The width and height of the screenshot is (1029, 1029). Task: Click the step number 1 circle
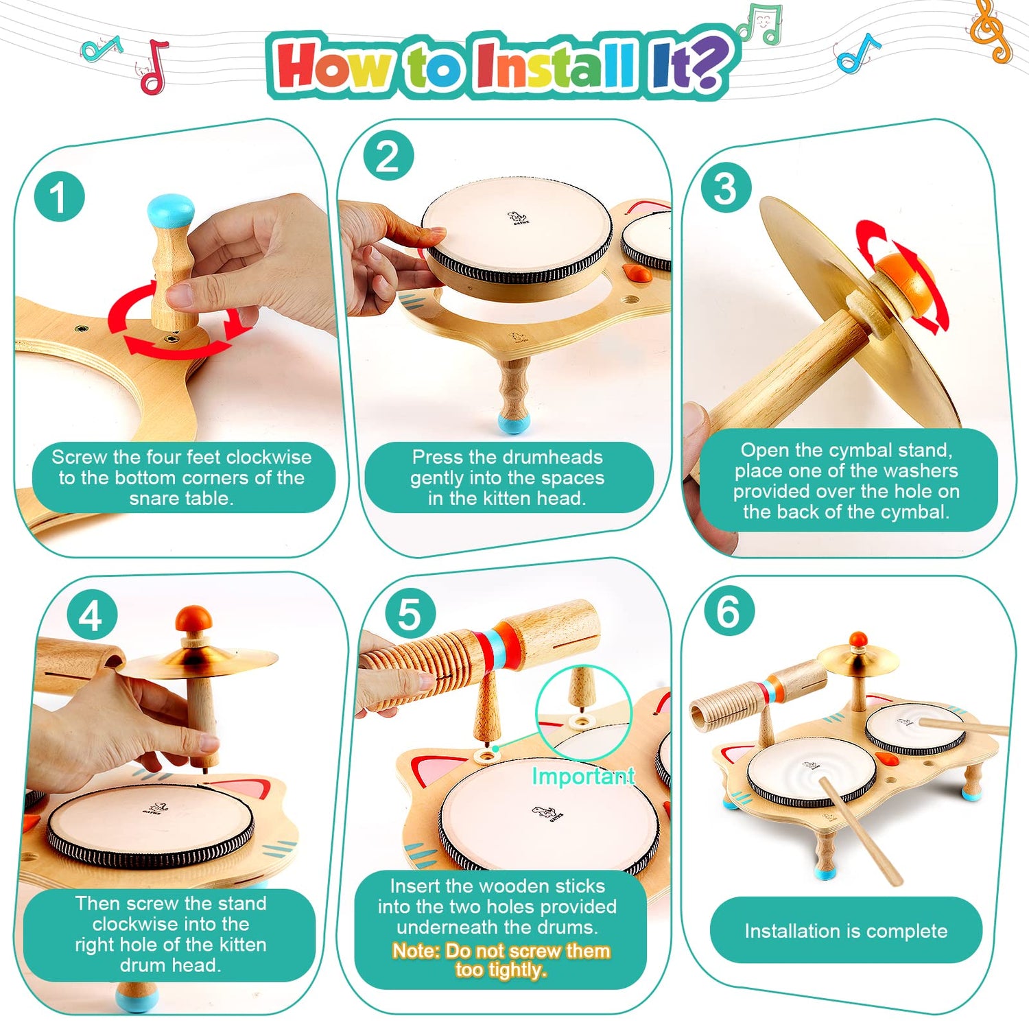[60, 196]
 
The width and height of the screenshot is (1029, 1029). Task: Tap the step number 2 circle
[388, 156]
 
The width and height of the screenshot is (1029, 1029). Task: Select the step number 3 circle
[726, 188]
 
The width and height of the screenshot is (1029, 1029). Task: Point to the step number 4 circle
[92, 615]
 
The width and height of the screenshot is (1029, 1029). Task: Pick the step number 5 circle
[410, 613]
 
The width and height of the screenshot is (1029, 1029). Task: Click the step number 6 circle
[728, 610]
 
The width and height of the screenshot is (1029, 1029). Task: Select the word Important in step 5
[582, 777]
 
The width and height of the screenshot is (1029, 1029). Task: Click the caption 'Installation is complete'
[846, 931]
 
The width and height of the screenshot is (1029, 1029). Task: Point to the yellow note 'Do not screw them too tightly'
[501, 960]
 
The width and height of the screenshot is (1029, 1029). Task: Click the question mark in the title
[707, 63]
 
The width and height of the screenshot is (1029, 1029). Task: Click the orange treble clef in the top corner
[990, 31]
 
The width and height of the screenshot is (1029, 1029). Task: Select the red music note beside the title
[154, 67]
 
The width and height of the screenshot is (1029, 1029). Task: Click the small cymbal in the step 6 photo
[858, 659]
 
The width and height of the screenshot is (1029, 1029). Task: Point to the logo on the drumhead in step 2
[518, 220]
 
